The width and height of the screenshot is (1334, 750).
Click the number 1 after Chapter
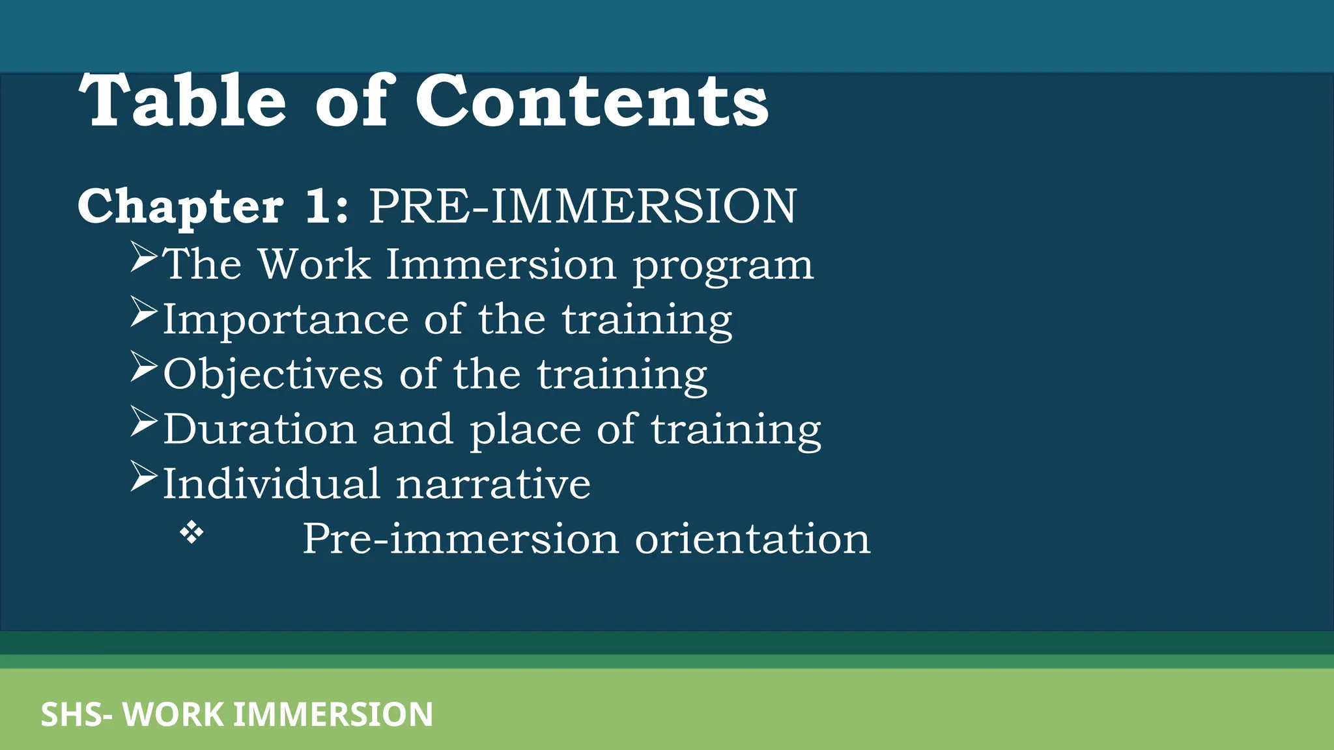[320, 206]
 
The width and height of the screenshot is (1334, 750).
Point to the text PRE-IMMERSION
[582, 206]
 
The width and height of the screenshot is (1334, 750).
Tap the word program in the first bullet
[723, 266]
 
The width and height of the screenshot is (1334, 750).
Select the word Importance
[285, 320]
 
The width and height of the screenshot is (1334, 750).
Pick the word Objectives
[273, 374]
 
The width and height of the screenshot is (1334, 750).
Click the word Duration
[260, 429]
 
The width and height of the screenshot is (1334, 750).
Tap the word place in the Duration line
[525, 430]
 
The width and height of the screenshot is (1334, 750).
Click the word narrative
[493, 484]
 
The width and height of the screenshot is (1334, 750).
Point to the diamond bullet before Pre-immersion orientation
[192, 534]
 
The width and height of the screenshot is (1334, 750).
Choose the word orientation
[752, 539]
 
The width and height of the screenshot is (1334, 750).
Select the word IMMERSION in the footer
[333, 715]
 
